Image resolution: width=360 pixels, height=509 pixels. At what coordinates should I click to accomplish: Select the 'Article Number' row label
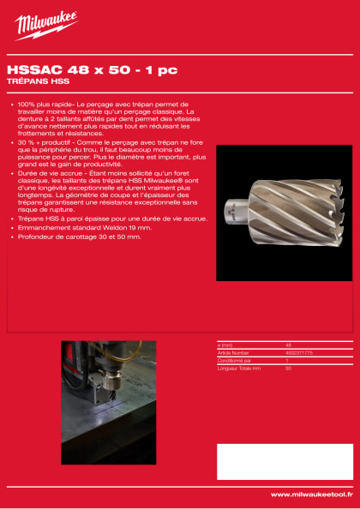click(x=235, y=351)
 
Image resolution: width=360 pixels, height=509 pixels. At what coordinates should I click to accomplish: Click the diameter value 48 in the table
click(x=289, y=344)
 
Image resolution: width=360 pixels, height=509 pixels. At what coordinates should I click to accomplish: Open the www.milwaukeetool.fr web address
click(x=311, y=494)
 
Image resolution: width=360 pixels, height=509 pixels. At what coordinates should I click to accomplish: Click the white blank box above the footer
click(x=284, y=460)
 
